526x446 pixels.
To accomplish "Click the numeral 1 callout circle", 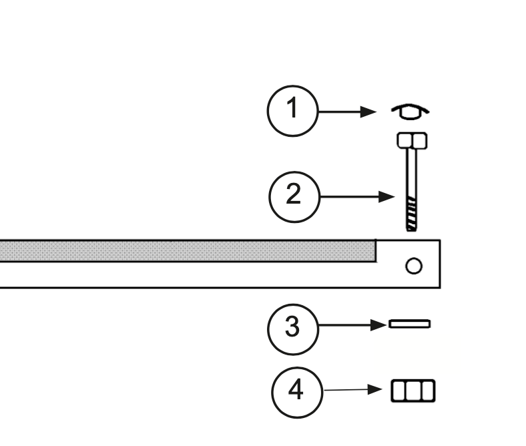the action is (292, 111).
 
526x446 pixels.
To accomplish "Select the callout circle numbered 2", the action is (294, 197).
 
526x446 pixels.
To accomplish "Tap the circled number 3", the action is (293, 329).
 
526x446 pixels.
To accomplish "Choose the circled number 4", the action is (297, 393).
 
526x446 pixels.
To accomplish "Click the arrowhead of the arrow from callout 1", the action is (368, 111).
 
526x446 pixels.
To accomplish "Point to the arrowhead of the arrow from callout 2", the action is (386, 197).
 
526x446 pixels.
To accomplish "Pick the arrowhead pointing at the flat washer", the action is (378, 325).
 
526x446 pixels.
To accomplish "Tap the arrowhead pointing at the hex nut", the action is (374, 389).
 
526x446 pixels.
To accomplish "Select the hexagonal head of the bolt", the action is (412, 141).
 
